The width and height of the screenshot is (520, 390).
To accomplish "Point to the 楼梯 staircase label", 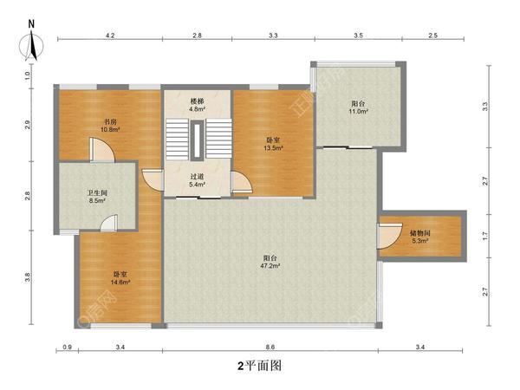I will pyautogui.click(x=198, y=101).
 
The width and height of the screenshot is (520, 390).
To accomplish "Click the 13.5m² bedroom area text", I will pyautogui.click(x=272, y=147).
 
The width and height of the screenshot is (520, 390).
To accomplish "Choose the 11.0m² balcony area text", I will pyautogui.click(x=359, y=112).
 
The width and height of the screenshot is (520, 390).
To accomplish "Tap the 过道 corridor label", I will pyautogui.click(x=198, y=176).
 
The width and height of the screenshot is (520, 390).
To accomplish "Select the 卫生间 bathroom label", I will pyautogui.click(x=96, y=192).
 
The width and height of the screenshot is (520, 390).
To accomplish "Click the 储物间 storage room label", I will pyautogui.click(x=421, y=233).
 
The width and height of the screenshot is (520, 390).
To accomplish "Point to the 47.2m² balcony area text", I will pyautogui.click(x=271, y=266).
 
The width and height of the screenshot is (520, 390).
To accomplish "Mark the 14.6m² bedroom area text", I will pyautogui.click(x=120, y=283).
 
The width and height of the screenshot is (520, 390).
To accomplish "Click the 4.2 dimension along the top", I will pyautogui.click(x=110, y=36).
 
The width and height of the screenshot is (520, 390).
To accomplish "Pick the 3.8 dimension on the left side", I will pyautogui.click(x=29, y=277).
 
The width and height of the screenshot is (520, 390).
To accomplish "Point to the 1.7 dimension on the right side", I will pyautogui.click(x=485, y=235).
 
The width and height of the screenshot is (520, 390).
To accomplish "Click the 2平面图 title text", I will pyautogui.click(x=260, y=366).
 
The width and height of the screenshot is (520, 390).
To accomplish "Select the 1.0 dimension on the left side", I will pyautogui.click(x=29, y=75).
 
